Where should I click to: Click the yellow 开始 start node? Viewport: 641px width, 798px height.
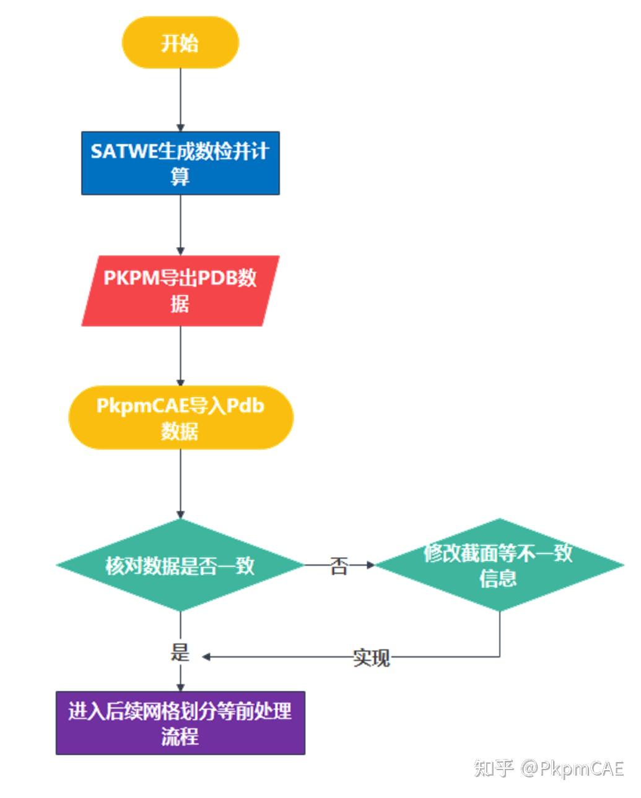(x=180, y=43)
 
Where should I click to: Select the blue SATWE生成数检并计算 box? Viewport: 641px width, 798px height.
(x=180, y=163)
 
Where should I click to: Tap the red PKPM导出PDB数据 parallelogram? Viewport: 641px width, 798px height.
(x=180, y=290)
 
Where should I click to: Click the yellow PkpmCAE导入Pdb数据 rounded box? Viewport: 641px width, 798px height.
(x=180, y=418)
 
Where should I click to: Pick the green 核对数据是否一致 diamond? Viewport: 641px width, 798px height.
(x=180, y=565)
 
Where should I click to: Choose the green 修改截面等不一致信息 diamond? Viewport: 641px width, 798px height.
(x=499, y=565)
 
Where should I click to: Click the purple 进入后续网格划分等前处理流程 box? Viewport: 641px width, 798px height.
(x=180, y=723)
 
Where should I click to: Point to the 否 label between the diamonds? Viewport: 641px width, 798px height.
(x=339, y=565)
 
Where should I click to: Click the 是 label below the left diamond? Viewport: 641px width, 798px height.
(x=180, y=652)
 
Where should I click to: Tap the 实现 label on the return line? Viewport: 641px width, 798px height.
(x=372, y=657)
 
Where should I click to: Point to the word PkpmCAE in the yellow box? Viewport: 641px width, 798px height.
(x=142, y=406)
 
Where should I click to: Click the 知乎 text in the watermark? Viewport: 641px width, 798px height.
(x=494, y=768)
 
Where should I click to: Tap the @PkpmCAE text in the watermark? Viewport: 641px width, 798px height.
(x=572, y=768)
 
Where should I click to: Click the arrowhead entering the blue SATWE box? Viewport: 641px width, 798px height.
(x=180, y=127)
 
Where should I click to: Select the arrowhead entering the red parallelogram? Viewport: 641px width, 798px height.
(x=180, y=251)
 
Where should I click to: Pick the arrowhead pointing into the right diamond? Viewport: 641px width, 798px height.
(x=371, y=565)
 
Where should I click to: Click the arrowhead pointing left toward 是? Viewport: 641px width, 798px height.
(x=206, y=657)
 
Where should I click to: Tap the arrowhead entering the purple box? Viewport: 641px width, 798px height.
(x=180, y=687)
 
